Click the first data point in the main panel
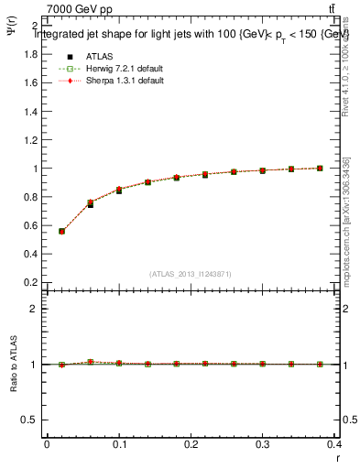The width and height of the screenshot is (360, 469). pyautogui.click(x=61, y=231)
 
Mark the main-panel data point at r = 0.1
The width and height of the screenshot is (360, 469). pyautogui.click(x=119, y=191)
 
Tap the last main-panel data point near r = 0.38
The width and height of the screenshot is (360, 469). pyautogui.click(x=320, y=169)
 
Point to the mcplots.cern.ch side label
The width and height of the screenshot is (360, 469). pyautogui.click(x=344, y=229)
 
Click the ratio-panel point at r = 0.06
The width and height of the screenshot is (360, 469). pyautogui.click(x=90, y=363)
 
